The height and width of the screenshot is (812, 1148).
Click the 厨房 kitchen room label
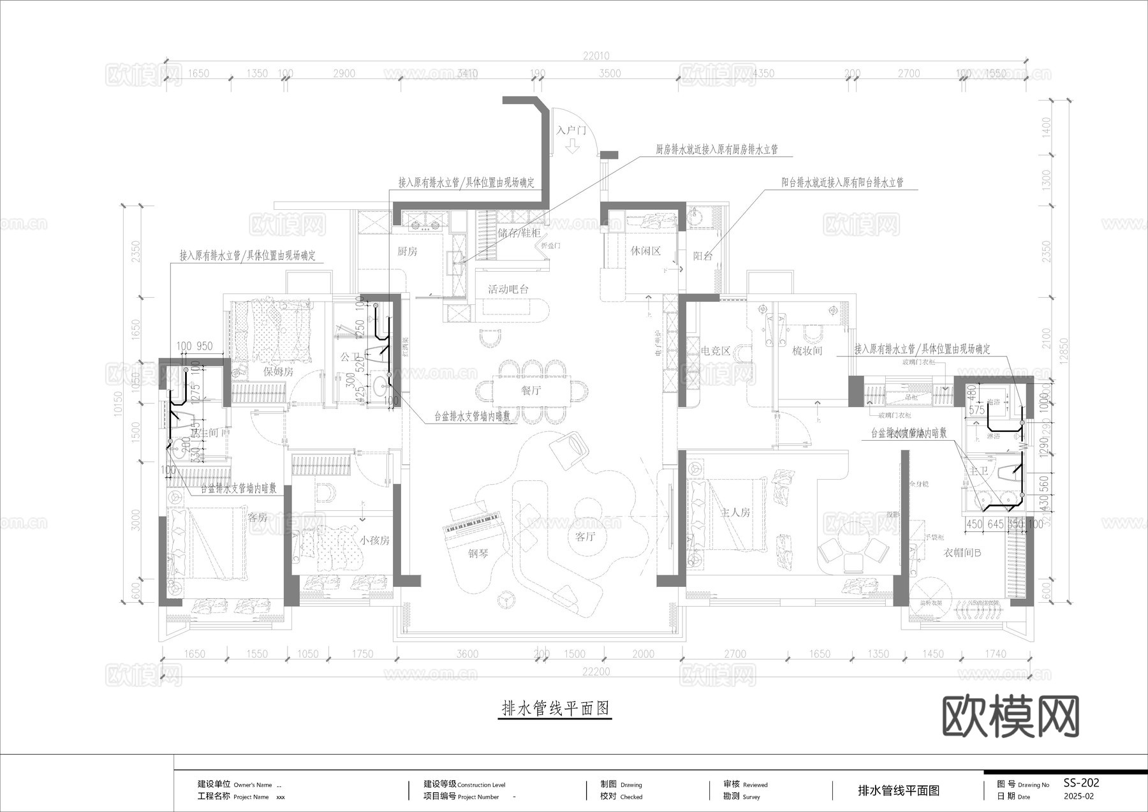tap(407, 251)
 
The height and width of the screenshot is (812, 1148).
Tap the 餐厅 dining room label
tap(531, 391)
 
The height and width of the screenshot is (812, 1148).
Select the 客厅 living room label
tap(585, 536)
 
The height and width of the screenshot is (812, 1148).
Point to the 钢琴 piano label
tap(478, 554)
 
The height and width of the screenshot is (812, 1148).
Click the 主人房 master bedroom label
tap(735, 512)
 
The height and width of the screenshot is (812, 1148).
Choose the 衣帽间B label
tap(962, 552)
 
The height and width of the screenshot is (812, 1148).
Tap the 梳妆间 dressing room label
tap(807, 351)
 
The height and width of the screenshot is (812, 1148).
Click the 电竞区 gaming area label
tap(715, 351)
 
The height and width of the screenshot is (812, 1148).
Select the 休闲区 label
tap(645, 251)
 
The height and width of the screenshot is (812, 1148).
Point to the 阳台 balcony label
tap(703, 256)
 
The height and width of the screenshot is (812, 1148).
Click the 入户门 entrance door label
tap(571, 131)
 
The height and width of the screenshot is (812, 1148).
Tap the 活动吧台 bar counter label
tap(508, 289)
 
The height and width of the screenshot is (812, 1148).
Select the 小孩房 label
tap(374, 540)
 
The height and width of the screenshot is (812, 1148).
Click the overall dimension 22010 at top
tap(596, 56)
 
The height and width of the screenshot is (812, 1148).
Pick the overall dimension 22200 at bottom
tap(596, 672)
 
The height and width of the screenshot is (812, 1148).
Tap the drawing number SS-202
tap(1081, 783)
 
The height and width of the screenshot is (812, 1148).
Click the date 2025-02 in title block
tap(1078, 797)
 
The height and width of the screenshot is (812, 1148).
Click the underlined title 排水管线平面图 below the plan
tap(555, 708)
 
